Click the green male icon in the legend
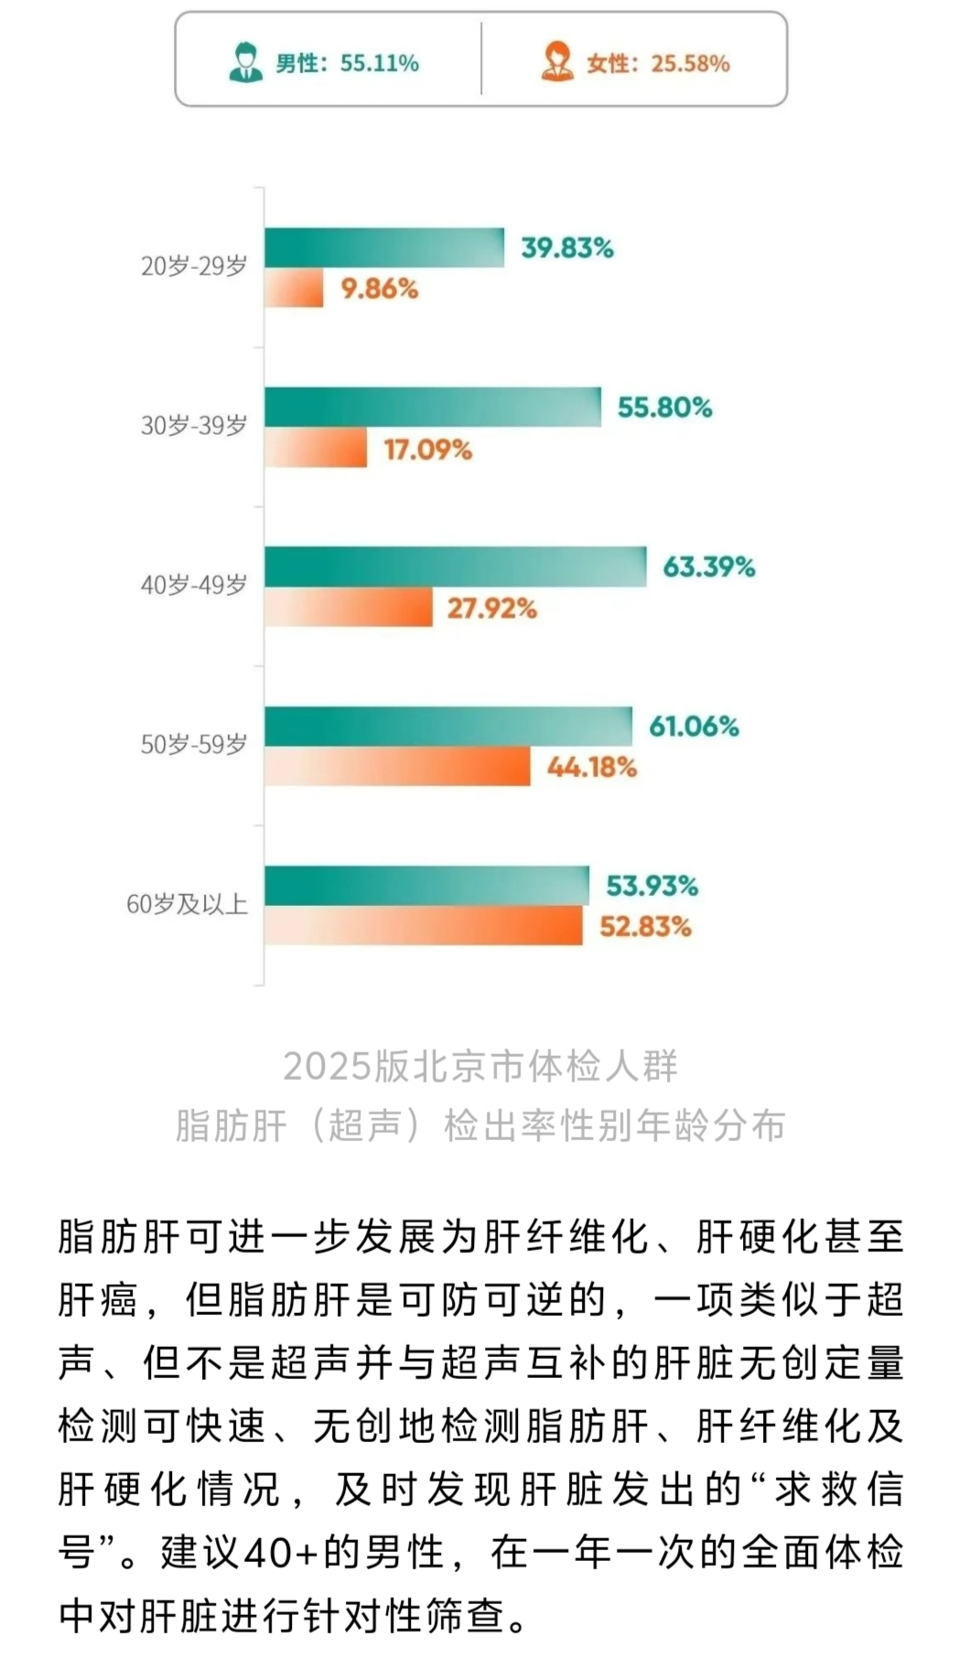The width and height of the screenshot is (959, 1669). tap(245, 62)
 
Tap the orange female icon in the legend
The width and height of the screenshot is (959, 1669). tap(556, 62)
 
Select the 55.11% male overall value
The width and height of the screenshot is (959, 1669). tap(380, 63)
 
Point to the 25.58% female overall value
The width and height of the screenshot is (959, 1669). tap(690, 63)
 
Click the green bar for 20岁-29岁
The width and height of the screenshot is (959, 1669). tap(384, 247)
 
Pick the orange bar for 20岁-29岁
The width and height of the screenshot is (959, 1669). tap(294, 288)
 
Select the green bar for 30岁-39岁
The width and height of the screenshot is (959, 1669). tap(433, 407)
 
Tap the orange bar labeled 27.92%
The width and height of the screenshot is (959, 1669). tap(349, 608)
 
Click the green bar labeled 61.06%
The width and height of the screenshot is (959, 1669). tap(448, 727)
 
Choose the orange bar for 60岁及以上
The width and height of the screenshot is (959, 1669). tap(424, 926)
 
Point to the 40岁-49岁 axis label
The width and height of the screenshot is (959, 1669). tap(194, 585)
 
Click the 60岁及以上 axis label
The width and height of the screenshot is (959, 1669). tap(188, 904)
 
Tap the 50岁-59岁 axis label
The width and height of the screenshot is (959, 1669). tap(194, 744)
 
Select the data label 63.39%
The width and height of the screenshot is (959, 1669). tap(708, 567)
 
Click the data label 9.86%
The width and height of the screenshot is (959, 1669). tap(379, 289)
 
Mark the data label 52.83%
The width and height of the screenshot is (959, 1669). tap(645, 927)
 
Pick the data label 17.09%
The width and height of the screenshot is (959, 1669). tap(427, 449)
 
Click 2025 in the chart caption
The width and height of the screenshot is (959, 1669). tap(317, 1067)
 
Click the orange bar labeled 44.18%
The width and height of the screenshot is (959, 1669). tap(397, 767)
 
